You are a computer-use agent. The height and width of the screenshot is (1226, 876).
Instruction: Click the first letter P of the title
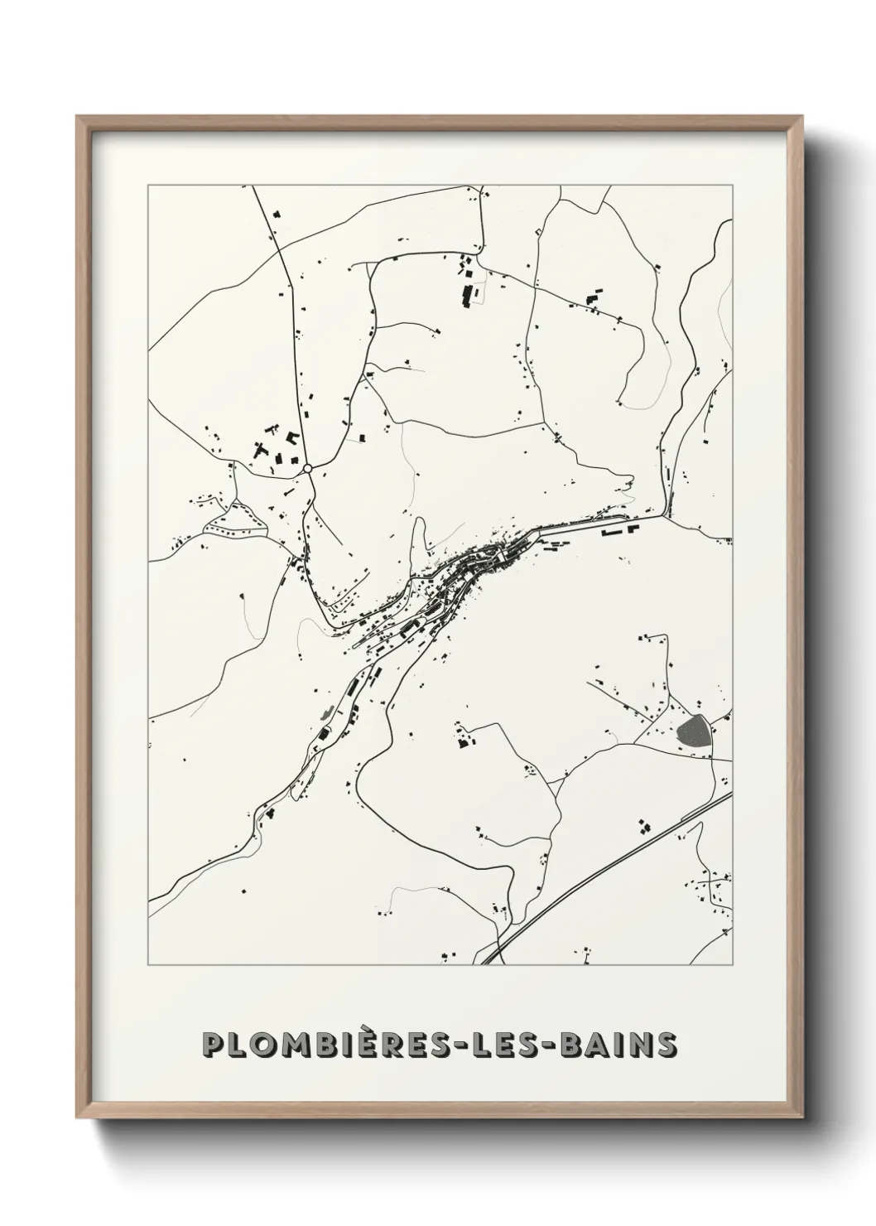pyautogui.click(x=214, y=1045)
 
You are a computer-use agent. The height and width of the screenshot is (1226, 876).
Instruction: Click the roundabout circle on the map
pyautogui.click(x=308, y=469)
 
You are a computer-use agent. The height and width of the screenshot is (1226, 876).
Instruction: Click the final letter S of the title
pyautogui.click(x=666, y=1045)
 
